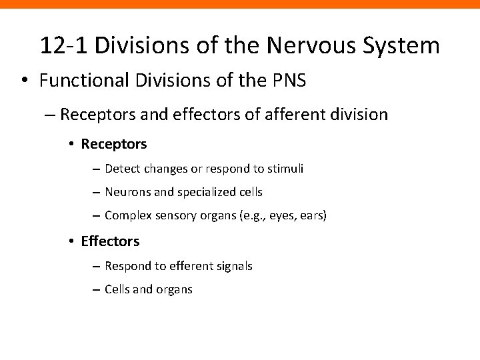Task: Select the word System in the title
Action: (x=405, y=45)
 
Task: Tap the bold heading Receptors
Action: (x=113, y=143)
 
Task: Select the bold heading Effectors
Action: (x=111, y=240)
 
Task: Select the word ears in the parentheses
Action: (x=314, y=216)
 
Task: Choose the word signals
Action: (x=233, y=265)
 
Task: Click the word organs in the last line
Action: (x=173, y=289)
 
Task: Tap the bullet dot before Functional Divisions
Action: (x=24, y=81)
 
